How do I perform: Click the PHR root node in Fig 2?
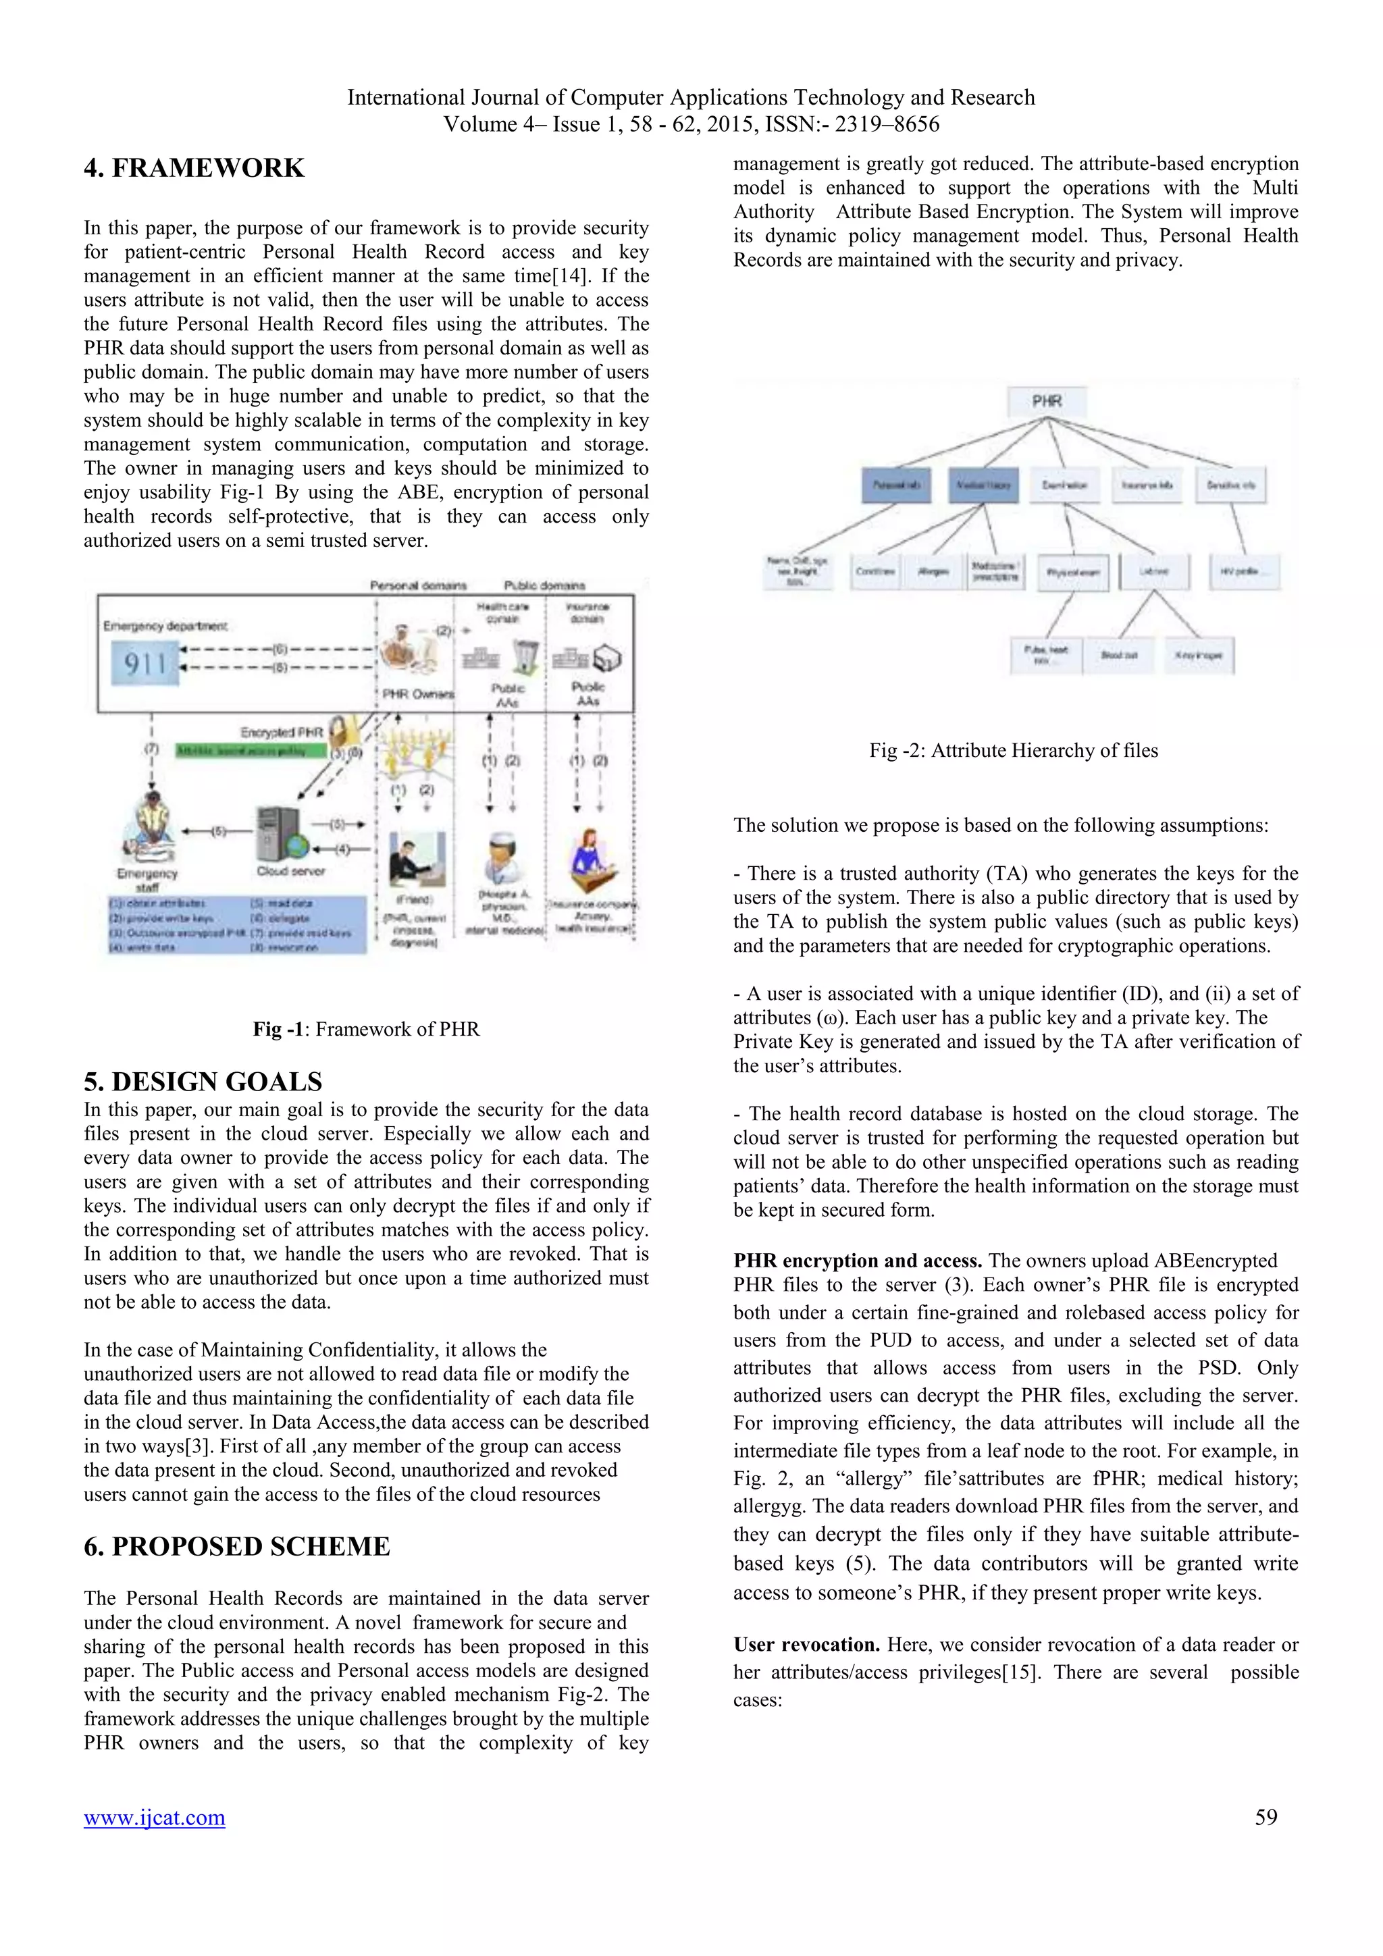click(x=1047, y=401)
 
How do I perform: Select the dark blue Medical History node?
click(x=983, y=485)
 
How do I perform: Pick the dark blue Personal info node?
click(x=895, y=485)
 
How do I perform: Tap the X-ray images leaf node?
click(x=1199, y=655)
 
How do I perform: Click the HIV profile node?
click(x=1244, y=572)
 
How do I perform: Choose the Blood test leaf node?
click(x=1119, y=655)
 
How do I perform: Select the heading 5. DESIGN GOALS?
click(x=203, y=1081)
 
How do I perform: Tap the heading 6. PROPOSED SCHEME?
click(x=237, y=1546)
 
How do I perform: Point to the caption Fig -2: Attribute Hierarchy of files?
click(x=1013, y=751)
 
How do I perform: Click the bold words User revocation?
click(x=806, y=1645)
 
